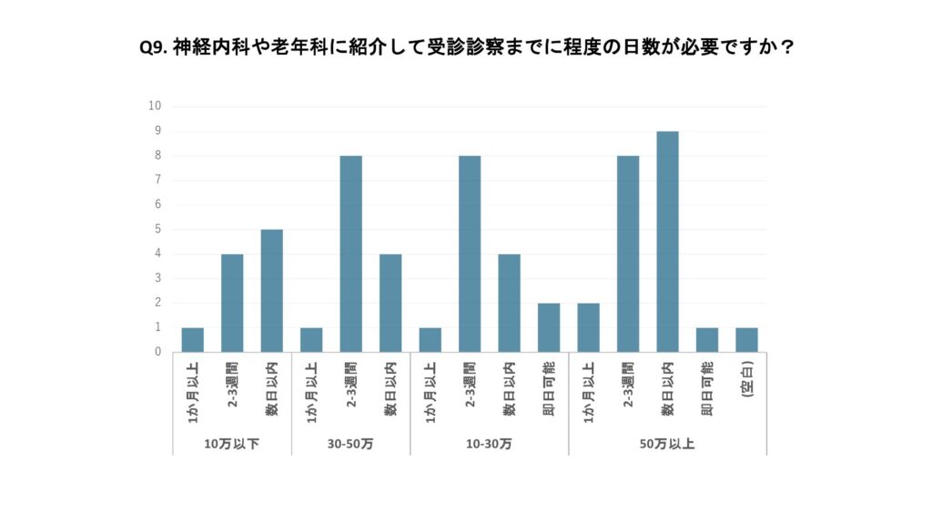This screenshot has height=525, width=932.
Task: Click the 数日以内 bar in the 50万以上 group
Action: click(667, 242)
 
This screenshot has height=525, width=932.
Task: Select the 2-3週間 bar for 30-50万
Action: click(351, 253)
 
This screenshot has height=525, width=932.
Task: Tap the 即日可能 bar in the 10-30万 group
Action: click(549, 327)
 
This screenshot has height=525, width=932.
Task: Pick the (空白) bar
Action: click(746, 339)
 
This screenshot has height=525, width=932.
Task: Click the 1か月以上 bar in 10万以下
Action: click(193, 339)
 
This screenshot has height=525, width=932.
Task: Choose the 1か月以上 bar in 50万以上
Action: click(588, 327)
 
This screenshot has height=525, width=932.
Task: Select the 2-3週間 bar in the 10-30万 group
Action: click(470, 253)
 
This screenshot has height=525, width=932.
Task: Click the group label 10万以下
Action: click(232, 444)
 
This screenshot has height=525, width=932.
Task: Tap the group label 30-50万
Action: click(351, 444)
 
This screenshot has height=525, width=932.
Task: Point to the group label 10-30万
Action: click(490, 444)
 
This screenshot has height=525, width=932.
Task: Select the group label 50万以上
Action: click(667, 444)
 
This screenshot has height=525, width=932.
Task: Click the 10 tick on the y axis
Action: click(155, 106)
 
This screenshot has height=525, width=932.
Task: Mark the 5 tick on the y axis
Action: click(157, 229)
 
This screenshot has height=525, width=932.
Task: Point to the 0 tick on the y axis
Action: click(157, 352)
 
